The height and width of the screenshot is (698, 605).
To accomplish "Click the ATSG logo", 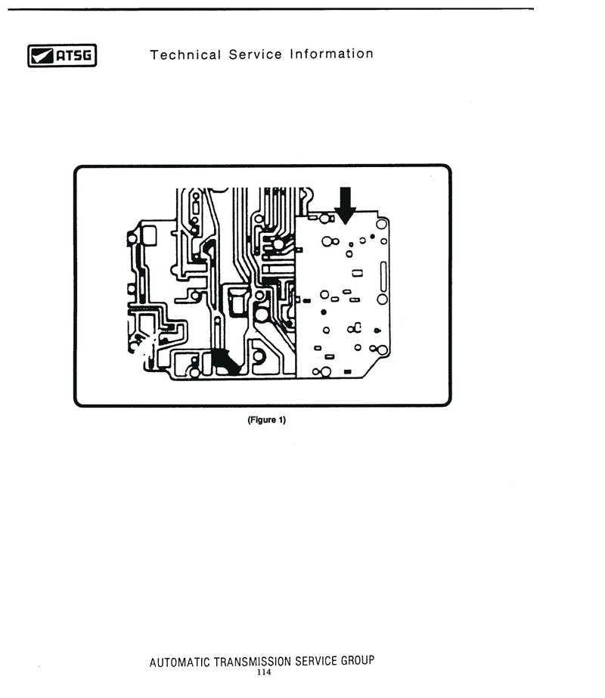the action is coord(62,56).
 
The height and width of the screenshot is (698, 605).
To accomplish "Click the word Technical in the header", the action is coord(185,54).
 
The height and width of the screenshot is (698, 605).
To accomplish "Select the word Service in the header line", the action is coord(255,54).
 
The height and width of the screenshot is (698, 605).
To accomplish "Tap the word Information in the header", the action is coord(331,54).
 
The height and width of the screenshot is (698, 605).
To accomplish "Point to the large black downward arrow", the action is coord(345,205).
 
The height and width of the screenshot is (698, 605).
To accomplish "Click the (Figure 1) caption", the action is coord(267,420).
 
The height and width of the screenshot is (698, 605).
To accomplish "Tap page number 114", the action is coord(263,672).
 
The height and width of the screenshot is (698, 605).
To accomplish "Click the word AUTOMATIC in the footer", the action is coord(179,662).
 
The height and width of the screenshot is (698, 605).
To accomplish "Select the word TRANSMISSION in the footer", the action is coord(253,662).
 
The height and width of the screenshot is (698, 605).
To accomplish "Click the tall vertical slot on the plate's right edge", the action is coord(383,276).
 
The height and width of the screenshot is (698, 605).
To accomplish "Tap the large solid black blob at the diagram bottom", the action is coord(225,361).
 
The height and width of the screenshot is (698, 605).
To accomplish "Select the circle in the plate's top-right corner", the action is coord(381,224).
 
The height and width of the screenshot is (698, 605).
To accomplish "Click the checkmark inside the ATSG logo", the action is coord(42,56).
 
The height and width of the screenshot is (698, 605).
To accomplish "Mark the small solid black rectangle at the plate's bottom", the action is coord(348,372).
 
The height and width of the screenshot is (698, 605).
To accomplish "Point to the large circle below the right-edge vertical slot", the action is coord(382,299).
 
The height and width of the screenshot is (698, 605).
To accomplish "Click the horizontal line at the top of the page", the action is coord(271,9).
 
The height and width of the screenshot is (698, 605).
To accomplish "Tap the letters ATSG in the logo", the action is coord(74,56).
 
